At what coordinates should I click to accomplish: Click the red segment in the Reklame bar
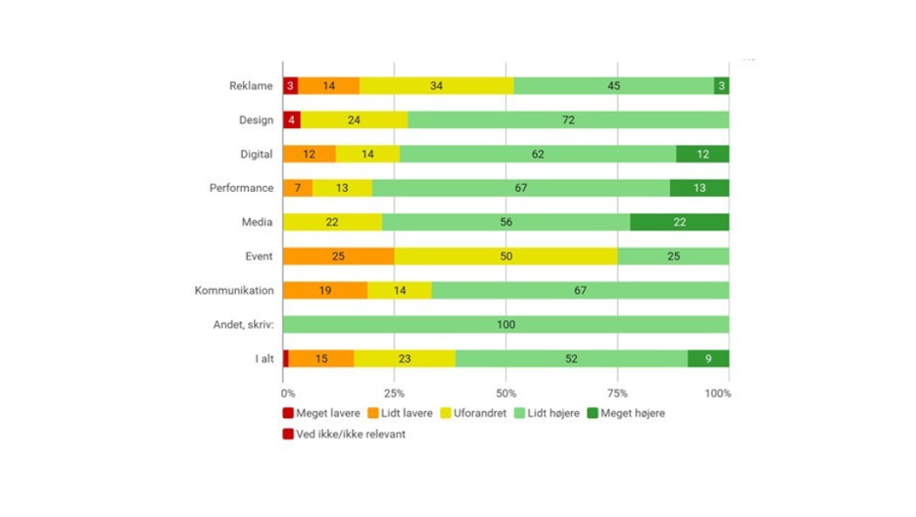[x=290, y=86]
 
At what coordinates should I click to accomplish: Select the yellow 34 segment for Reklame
[x=436, y=86]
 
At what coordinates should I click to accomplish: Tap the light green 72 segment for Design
[x=568, y=120]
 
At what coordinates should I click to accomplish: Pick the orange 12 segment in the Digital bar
[x=309, y=154]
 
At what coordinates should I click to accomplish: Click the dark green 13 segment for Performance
[x=699, y=188]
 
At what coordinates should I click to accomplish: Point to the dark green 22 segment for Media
[x=679, y=222]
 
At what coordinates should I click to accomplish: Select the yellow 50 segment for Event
[x=506, y=257]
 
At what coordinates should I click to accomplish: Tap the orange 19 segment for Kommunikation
[x=324, y=291]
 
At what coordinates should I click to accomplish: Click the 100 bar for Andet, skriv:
[x=506, y=325]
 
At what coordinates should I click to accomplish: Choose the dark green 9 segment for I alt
[x=707, y=359]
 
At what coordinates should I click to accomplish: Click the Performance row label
[x=241, y=188]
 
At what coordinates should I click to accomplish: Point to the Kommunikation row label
[x=234, y=291]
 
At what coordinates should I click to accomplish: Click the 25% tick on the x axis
[x=394, y=394]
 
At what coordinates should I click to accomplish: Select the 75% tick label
[x=617, y=394]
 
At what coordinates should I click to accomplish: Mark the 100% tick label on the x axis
[x=718, y=394]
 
